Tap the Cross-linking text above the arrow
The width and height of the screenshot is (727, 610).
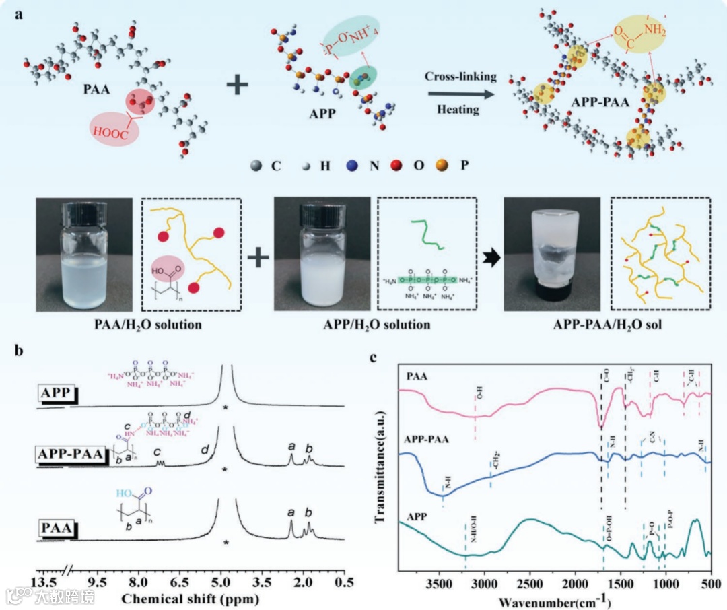pos(460,76)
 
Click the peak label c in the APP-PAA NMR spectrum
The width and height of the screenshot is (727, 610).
pos(157,452)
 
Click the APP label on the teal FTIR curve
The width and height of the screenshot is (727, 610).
pos(419,518)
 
